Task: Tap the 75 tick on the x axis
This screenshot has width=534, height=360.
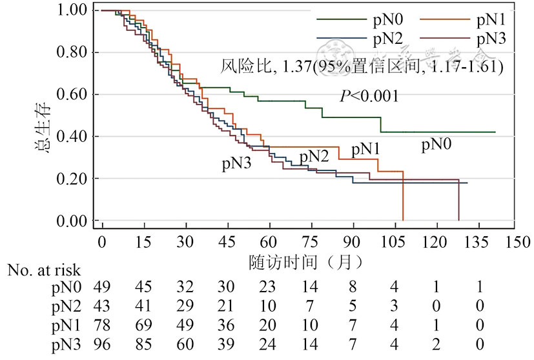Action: click(311, 241)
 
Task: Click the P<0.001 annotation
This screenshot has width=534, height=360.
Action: click(369, 96)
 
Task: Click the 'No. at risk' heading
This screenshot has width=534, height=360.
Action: click(45, 270)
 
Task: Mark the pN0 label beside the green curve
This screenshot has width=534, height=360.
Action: click(436, 145)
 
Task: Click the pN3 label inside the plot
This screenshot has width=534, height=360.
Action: click(236, 163)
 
